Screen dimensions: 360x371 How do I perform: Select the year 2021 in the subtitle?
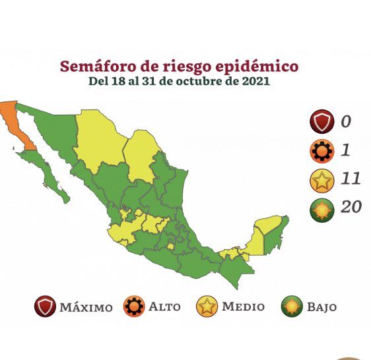253,82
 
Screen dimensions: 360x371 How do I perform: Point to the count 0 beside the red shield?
345,121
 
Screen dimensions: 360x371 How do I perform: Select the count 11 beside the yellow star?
350,179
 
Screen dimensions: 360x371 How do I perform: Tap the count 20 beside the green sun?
351,207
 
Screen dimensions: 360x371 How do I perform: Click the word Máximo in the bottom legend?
86,307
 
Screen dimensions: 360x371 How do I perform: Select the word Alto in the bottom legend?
164,307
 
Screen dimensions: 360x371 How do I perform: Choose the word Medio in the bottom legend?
243,307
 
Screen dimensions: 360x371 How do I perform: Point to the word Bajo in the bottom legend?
321,307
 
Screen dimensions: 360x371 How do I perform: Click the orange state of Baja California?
15,122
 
